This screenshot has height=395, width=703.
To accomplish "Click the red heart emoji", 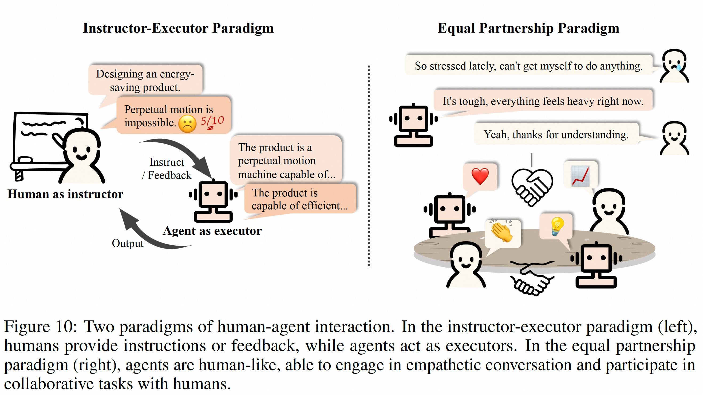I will [480, 176].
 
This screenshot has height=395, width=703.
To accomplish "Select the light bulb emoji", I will [556, 226].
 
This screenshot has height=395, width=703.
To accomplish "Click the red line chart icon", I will [580, 176].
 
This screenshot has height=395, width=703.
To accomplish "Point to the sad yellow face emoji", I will [187, 124].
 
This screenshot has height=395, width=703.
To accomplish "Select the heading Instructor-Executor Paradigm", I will [178, 28].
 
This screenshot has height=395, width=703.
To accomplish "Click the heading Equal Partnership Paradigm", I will [528, 28].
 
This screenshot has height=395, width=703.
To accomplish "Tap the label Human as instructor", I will [65, 194].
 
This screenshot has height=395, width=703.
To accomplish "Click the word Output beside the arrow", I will [128, 243].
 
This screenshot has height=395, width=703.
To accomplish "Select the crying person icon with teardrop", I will [674, 65].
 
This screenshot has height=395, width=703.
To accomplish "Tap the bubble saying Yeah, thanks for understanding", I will [556, 134].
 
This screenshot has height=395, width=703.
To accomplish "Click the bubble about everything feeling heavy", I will [543, 101].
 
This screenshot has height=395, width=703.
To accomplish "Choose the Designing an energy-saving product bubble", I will [145, 81].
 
